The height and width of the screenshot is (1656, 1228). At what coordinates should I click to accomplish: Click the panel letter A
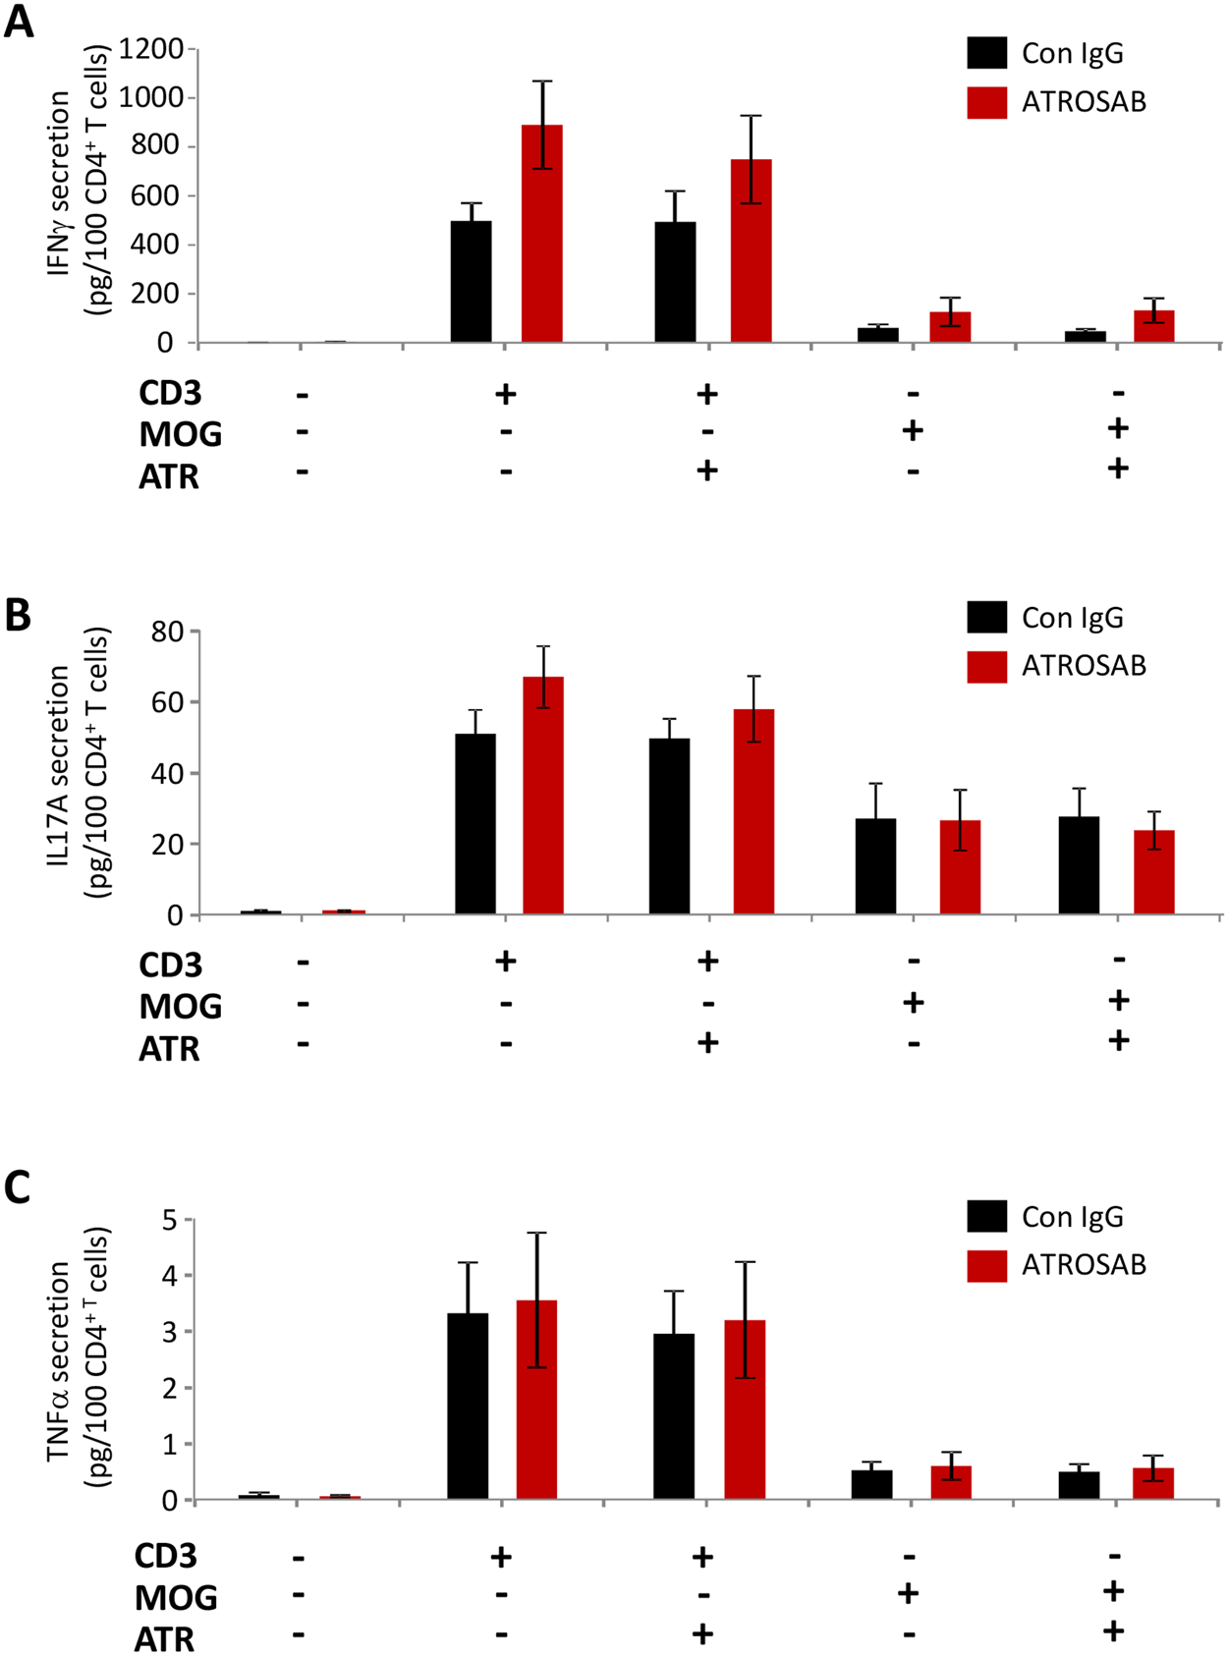tap(19, 22)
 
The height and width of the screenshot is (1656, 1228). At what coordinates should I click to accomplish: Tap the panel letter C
tap(19, 1187)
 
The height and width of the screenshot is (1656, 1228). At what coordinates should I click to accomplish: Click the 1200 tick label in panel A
tap(151, 48)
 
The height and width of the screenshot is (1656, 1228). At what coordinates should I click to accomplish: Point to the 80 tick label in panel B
tap(167, 632)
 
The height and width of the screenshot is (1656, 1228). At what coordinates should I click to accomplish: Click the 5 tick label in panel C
tap(170, 1221)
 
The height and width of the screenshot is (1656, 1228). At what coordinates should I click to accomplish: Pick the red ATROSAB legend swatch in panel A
tap(986, 102)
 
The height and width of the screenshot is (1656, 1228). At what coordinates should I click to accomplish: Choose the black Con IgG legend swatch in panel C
tap(986, 1216)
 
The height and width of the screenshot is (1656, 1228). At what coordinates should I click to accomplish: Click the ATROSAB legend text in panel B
tap(1084, 666)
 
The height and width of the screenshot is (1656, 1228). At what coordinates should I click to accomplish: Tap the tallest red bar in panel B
tap(543, 796)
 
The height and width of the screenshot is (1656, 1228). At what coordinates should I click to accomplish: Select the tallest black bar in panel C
tap(468, 1406)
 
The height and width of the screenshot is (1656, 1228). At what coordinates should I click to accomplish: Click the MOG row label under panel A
tap(181, 434)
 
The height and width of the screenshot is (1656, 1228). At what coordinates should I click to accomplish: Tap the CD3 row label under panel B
tap(171, 965)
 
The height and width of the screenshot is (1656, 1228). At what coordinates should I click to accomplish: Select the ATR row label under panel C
tap(165, 1639)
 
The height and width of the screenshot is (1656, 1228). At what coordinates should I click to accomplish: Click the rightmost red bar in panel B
tap(1153, 872)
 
